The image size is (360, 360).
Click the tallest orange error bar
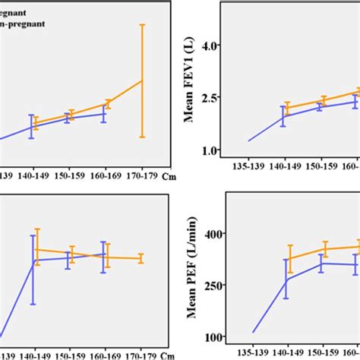(x=141, y=81)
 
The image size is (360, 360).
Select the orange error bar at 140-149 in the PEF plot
(x=289, y=258)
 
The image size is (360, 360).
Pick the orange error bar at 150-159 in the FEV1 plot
(x=324, y=100)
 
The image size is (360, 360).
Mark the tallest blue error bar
(x=33, y=270)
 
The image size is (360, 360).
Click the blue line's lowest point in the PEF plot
(x=253, y=333)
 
